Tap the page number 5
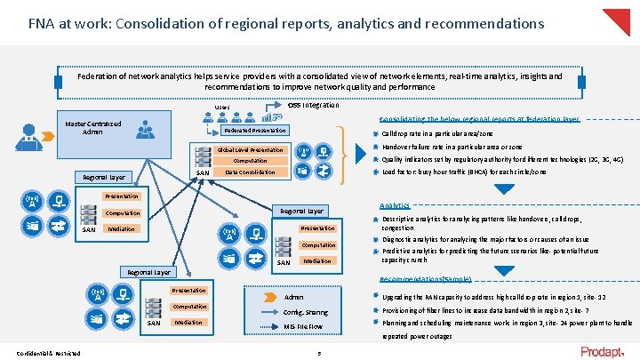click(319, 353)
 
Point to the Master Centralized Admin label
click(92, 127)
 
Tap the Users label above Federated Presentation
click(222, 108)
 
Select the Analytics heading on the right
click(394, 204)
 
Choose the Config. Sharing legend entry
click(305, 312)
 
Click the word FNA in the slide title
click(42, 21)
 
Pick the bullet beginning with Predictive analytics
click(489, 256)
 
